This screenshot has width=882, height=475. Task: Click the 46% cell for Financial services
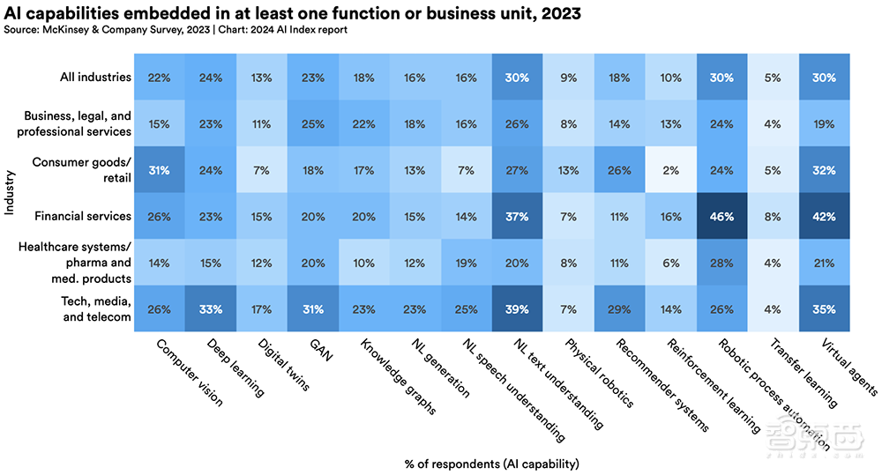721,216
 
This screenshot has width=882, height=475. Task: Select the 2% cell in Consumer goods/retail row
670,170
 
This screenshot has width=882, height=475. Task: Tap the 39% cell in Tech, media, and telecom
517,308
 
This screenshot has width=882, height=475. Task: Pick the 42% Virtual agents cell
824,216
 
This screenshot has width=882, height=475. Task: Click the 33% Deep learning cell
210,308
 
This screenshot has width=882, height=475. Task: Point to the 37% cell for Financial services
517,216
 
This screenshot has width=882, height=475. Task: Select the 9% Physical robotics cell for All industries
568,78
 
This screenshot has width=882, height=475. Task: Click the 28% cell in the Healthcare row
721,263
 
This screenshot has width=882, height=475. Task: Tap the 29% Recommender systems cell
619,308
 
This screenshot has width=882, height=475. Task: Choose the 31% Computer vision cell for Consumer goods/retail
160,170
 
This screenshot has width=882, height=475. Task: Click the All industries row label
94,77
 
